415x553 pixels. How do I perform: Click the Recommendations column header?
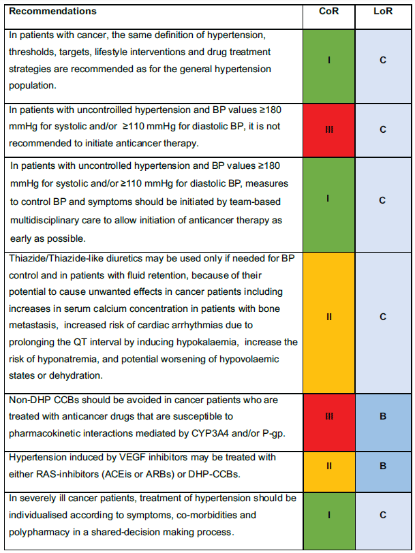52,12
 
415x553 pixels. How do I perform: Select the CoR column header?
329,12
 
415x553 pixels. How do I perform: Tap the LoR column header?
383,12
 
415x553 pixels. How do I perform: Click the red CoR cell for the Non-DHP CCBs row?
329,415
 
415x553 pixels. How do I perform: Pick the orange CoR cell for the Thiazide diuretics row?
329,317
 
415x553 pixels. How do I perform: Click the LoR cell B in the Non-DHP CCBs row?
383,415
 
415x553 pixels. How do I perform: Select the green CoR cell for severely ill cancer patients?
329,515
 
